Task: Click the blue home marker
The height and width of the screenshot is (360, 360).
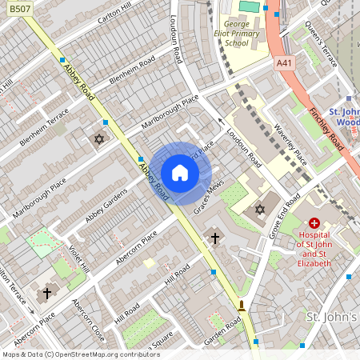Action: point(180,173)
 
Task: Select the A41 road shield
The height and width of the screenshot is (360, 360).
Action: point(282,62)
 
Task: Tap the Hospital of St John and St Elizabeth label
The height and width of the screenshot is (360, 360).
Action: point(314,252)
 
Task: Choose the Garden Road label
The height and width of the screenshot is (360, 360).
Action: point(224,331)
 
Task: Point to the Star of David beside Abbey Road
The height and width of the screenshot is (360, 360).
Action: point(100,141)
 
